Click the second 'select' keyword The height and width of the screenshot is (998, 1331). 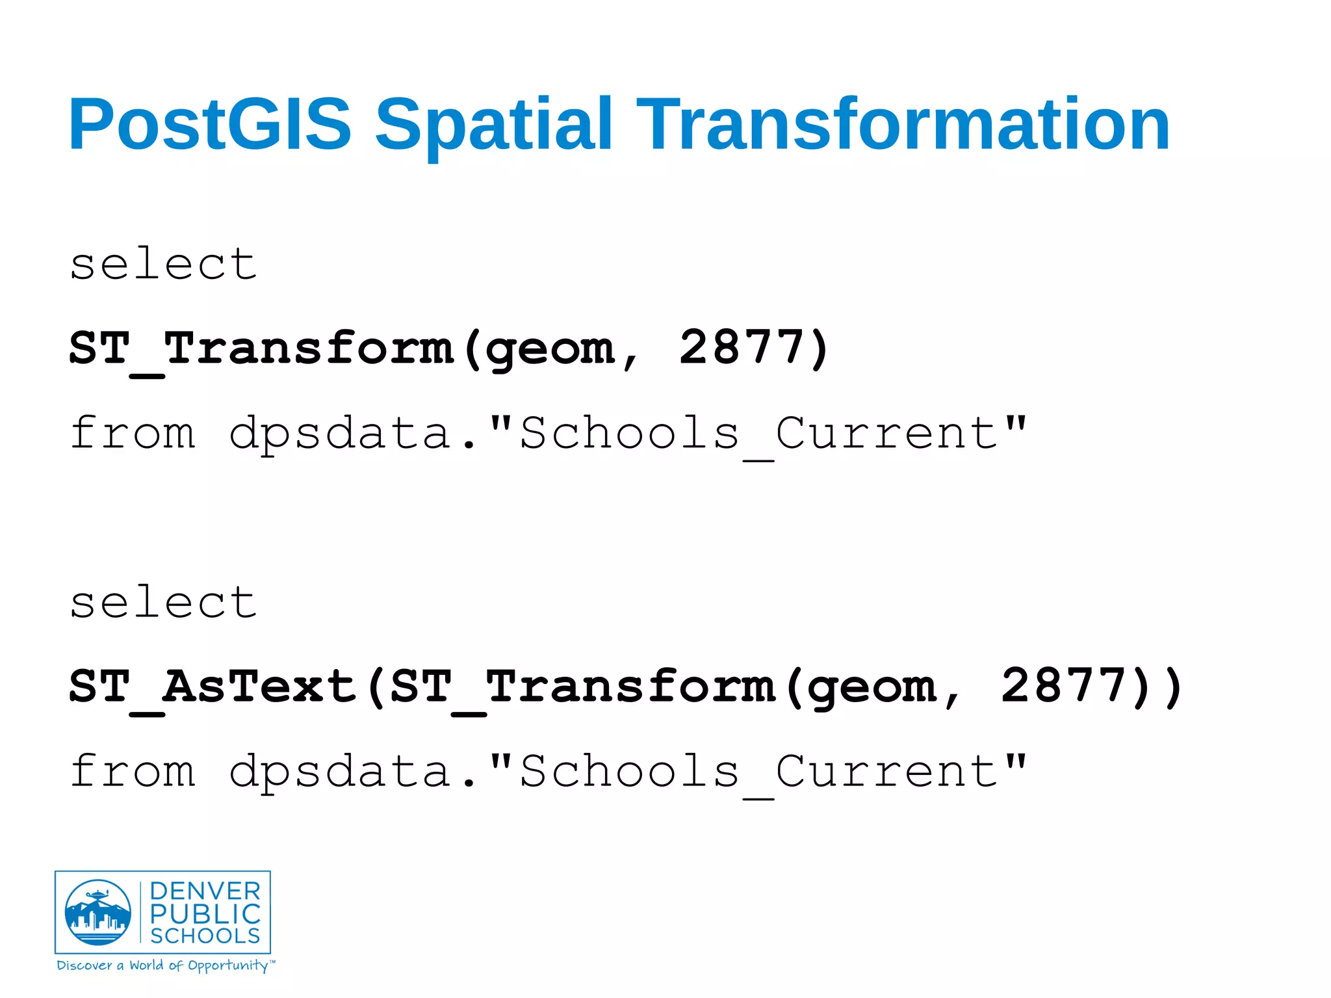[x=163, y=602]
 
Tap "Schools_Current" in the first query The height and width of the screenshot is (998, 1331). [x=758, y=434]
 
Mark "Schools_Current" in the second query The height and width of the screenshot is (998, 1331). [x=758, y=772]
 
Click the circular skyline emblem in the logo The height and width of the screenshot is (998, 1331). [x=98, y=912]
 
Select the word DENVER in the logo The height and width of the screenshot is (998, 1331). [x=205, y=891]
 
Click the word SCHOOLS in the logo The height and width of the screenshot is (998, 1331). [x=205, y=936]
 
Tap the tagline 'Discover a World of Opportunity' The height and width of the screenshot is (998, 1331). [x=165, y=965]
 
